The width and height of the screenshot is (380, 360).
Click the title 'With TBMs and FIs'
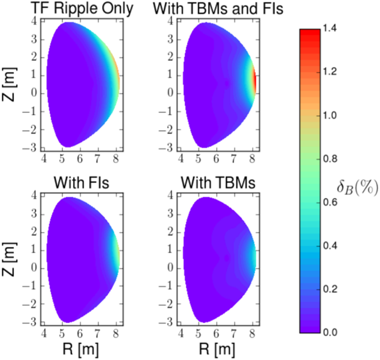pyautogui.click(x=218, y=9)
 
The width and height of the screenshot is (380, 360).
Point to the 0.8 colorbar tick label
pyautogui.click(x=329, y=159)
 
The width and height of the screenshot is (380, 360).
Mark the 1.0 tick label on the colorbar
pyautogui.click(x=329, y=116)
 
